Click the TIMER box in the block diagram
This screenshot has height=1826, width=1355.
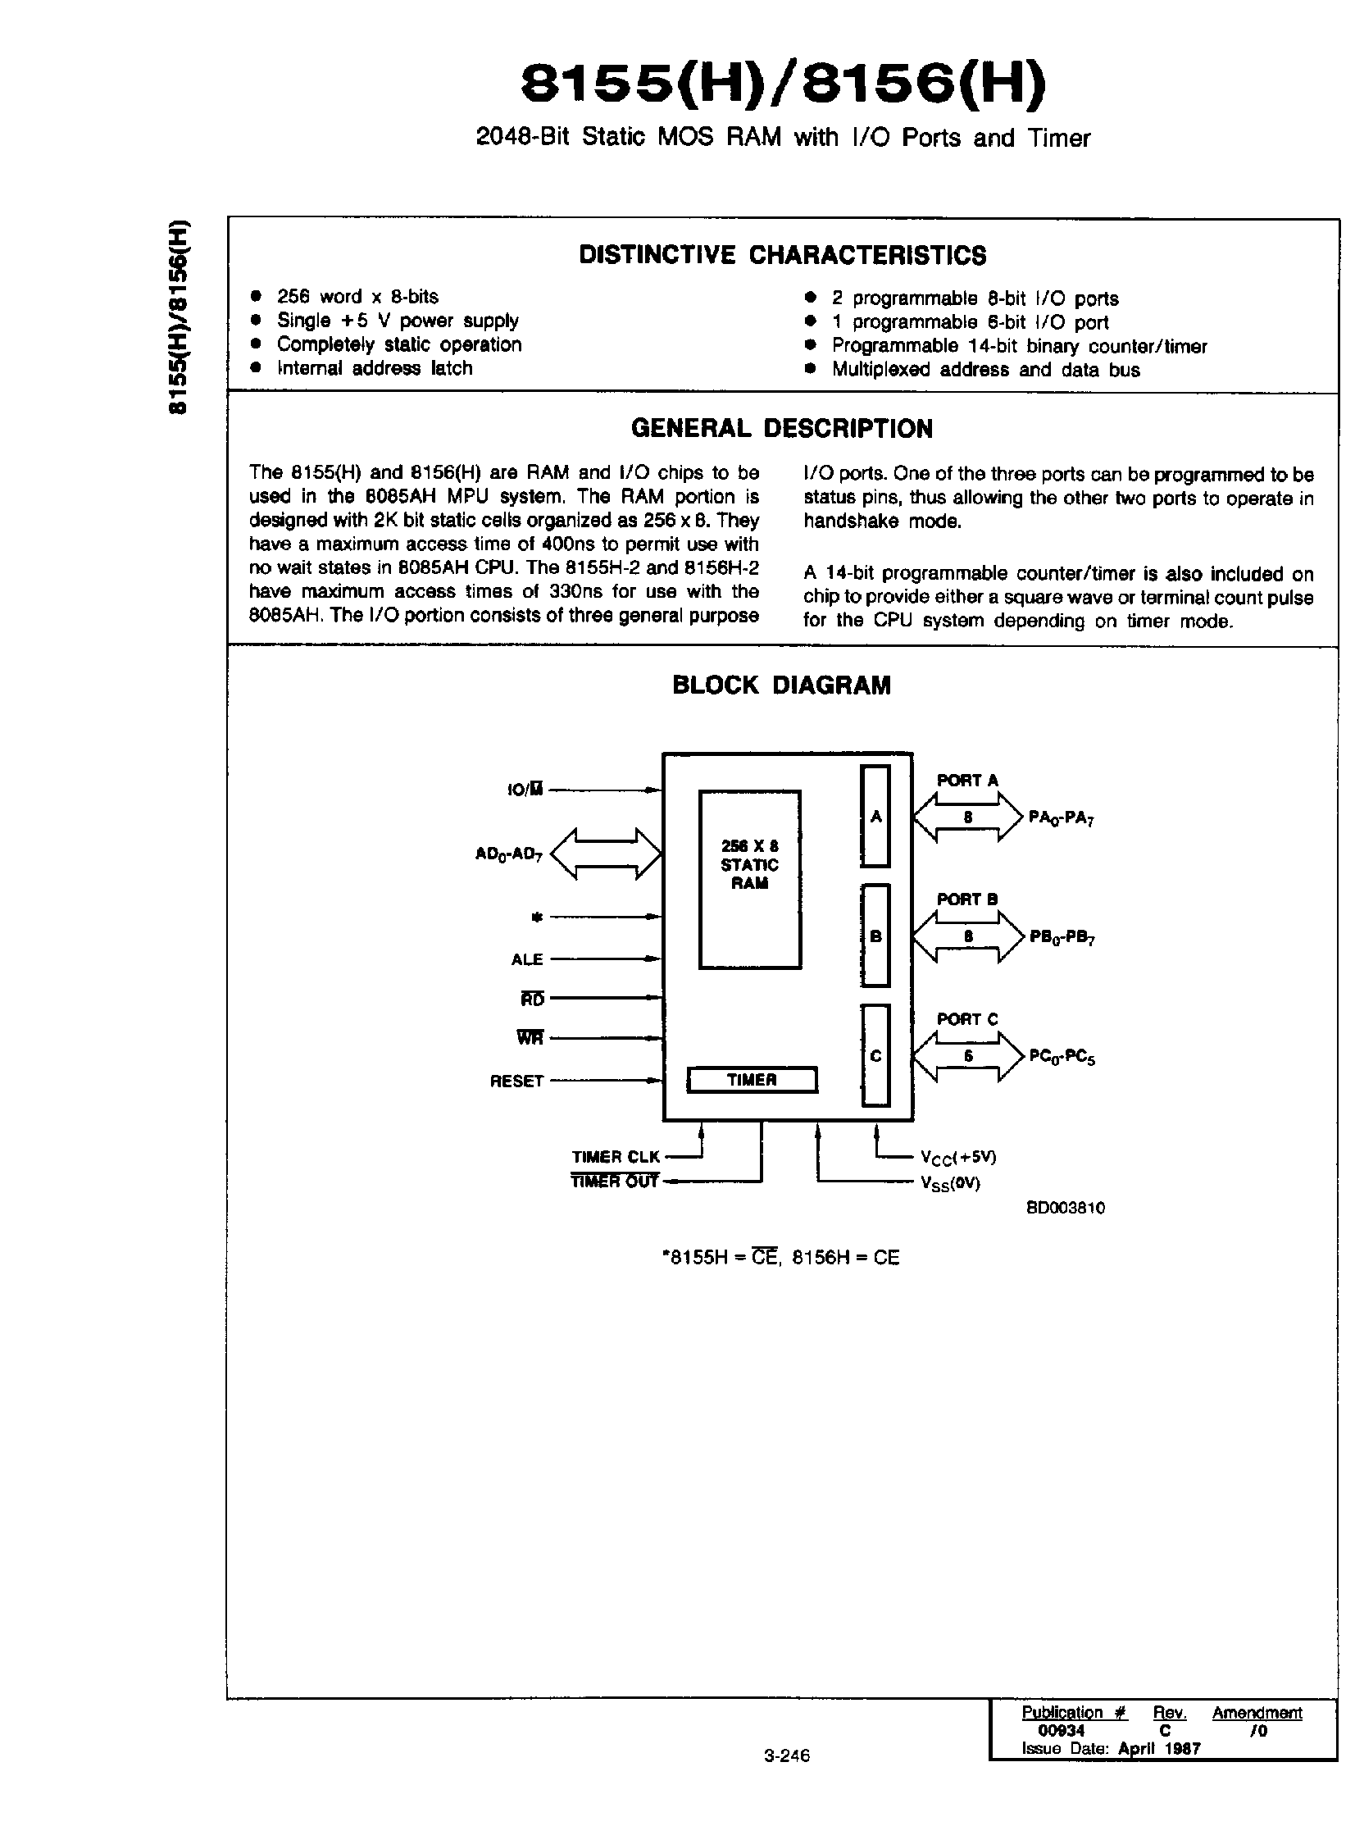point(752,1080)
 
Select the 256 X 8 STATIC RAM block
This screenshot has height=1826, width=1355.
point(750,878)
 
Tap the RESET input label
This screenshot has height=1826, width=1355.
point(516,1081)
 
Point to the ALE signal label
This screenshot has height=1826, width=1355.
point(527,959)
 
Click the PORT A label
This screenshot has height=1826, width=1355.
point(967,780)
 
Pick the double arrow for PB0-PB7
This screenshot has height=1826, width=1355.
point(968,937)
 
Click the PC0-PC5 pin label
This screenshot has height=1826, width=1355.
point(1062,1057)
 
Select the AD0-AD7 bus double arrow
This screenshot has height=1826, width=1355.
point(605,854)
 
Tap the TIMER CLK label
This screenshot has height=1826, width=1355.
point(615,1157)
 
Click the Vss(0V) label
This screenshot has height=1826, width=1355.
point(950,1183)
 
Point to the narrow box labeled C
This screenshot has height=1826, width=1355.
point(875,1056)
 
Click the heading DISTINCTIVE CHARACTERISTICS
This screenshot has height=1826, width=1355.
point(783,255)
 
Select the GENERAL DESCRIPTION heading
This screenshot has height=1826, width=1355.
point(782,428)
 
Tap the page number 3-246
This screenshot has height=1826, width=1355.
point(787,1755)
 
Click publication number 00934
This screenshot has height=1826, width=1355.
point(1062,1730)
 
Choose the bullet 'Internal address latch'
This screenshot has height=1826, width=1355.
point(374,368)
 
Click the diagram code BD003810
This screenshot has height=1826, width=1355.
point(1066,1208)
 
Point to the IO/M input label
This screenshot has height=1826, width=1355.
point(525,790)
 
